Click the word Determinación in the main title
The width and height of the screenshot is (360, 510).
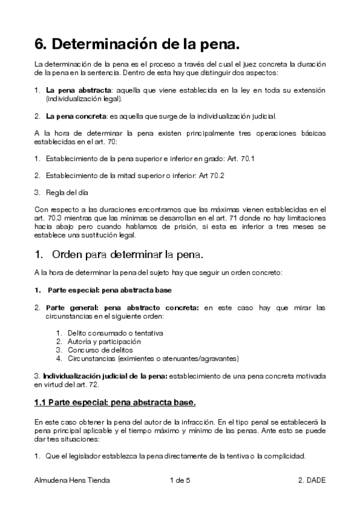[x=108, y=43]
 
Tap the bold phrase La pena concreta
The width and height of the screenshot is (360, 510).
[x=73, y=115]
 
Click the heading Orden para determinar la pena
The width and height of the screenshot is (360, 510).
[x=129, y=256]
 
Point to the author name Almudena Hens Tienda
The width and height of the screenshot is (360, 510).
[x=72, y=481]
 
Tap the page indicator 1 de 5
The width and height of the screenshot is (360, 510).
[x=180, y=481]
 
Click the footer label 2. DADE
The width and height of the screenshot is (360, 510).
[x=311, y=481]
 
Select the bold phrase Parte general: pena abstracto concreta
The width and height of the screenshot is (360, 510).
[x=123, y=307]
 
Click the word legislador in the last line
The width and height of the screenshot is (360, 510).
[x=82, y=456]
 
